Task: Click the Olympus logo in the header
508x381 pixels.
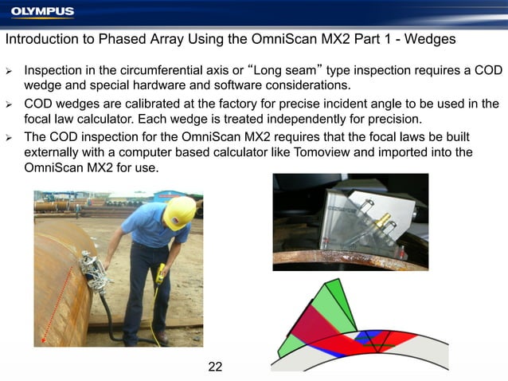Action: (42, 11)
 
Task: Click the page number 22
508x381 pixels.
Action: (214, 367)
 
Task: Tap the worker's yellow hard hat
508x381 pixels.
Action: (180, 212)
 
